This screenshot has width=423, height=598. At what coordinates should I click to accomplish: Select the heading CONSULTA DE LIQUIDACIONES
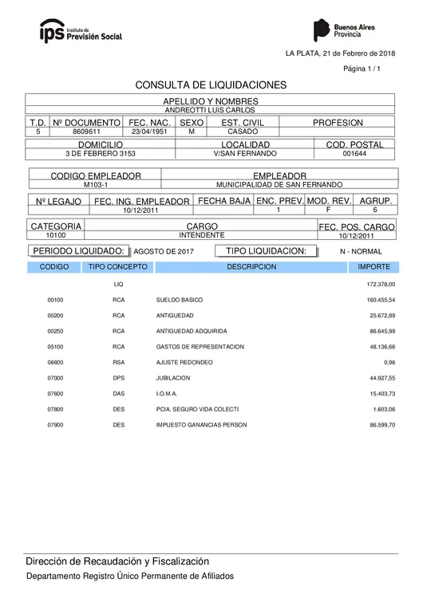211,85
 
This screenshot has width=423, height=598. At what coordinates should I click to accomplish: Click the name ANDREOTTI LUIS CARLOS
211,110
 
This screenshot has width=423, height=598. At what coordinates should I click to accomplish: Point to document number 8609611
86,132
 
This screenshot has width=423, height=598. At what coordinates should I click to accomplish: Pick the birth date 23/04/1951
150,132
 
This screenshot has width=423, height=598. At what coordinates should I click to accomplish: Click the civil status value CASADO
242,132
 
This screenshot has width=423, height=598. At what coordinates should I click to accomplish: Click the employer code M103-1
96,184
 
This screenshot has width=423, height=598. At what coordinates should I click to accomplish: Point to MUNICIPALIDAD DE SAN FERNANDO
279,184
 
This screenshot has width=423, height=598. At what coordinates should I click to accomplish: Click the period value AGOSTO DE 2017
164,251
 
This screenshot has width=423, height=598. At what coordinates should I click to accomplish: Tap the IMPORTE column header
374,267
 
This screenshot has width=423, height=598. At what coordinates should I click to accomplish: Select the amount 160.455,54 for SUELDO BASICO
381,300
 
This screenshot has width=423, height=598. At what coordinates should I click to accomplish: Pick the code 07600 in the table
55,394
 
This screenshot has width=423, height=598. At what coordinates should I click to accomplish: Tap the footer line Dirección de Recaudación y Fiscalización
117,561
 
